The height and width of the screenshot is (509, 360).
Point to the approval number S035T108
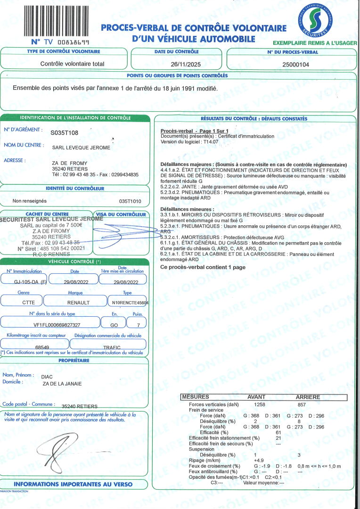65,133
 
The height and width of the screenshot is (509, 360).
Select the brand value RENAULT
79,303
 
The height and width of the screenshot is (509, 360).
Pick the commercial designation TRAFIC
112,347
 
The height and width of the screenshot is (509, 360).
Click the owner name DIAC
48,377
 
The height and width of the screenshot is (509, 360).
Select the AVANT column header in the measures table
256,397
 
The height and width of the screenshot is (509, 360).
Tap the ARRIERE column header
308,397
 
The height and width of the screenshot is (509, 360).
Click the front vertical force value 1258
260,404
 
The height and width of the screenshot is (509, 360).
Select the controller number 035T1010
130,201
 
